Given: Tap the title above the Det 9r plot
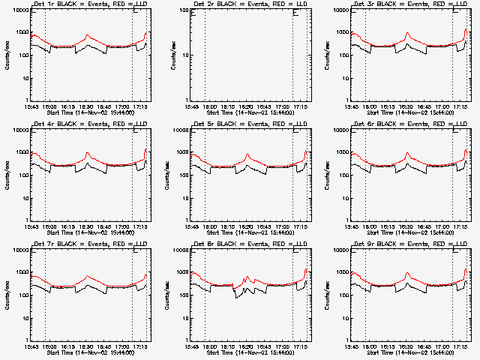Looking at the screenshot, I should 409,245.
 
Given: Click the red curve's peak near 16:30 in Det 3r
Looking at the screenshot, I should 407,33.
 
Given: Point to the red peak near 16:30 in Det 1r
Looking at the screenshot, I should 88,34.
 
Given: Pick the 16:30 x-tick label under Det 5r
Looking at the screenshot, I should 247,226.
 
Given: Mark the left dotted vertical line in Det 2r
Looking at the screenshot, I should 205,56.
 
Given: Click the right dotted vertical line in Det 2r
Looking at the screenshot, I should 292,56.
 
